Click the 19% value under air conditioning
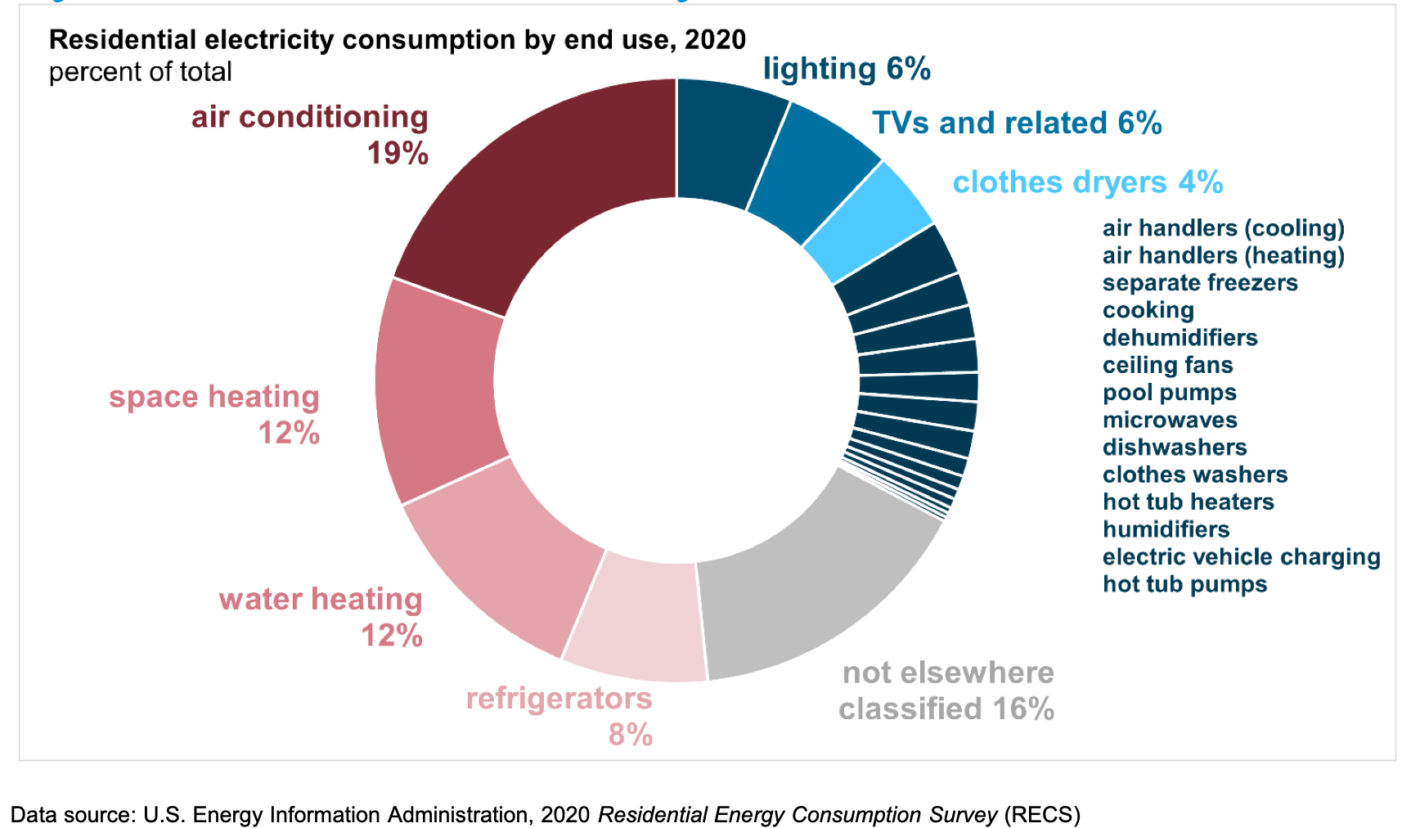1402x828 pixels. coord(398,154)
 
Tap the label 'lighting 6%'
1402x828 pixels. coord(846,69)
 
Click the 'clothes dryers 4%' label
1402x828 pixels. coord(1087,182)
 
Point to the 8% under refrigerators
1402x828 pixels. coord(630,735)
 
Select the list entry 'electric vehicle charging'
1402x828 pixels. coord(1240,557)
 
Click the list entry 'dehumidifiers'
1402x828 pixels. coord(1180,338)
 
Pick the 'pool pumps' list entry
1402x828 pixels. coord(1169,393)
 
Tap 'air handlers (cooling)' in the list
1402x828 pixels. coord(1223,228)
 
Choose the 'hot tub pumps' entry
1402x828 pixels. coord(1184,584)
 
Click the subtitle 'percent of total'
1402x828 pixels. coord(140,72)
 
